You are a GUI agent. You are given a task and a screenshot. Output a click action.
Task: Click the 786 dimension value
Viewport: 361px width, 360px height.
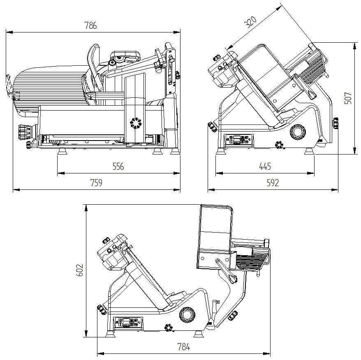[90, 25]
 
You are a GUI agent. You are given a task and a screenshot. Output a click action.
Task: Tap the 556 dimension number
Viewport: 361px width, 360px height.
[118, 166]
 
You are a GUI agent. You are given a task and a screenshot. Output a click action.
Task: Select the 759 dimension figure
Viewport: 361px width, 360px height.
[96, 182]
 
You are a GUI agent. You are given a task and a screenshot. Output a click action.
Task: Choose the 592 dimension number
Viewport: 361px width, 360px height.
[272, 182]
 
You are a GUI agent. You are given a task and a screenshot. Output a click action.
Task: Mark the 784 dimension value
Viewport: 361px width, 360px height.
[183, 347]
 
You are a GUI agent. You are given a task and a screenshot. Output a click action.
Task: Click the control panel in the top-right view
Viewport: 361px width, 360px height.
[238, 140]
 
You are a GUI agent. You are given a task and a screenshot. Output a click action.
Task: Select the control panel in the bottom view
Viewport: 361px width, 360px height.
[127, 322]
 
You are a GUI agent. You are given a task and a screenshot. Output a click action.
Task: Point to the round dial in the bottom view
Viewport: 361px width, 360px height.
[187, 314]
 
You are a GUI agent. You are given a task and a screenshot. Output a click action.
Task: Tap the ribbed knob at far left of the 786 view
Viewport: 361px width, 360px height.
[24, 132]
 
